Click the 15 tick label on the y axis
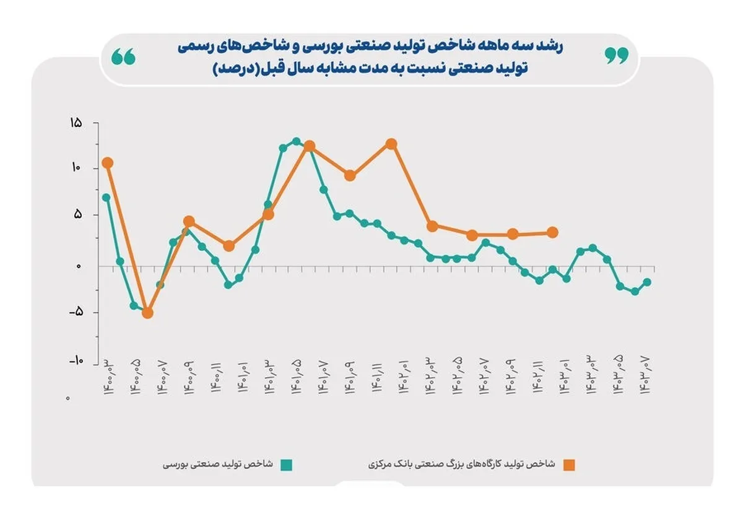pyautogui.click(x=75, y=123)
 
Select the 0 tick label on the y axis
pyautogui.click(x=78, y=266)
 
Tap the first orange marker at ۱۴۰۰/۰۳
pyautogui.click(x=106, y=163)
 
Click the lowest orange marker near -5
pyautogui.click(x=147, y=313)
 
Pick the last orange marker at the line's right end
pyautogui.click(x=553, y=232)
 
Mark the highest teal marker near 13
pyautogui.click(x=296, y=142)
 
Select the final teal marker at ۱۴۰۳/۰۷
pyautogui.click(x=648, y=282)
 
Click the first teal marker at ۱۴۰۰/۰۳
pyautogui.click(x=106, y=198)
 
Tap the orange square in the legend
pyautogui.click(x=569, y=465)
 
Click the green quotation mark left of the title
pyautogui.click(x=124, y=57)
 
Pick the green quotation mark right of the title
pyautogui.click(x=616, y=56)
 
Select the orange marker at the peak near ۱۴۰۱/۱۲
pyautogui.click(x=391, y=144)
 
